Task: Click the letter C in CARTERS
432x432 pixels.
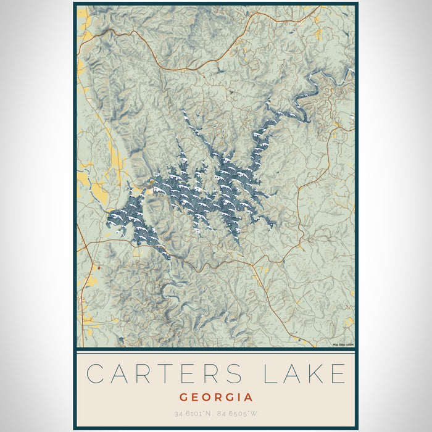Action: pyautogui.click(x=95, y=375)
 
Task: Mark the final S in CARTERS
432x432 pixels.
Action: pyautogui.click(x=236, y=375)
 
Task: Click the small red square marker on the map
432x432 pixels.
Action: pyautogui.click(x=98, y=268)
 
